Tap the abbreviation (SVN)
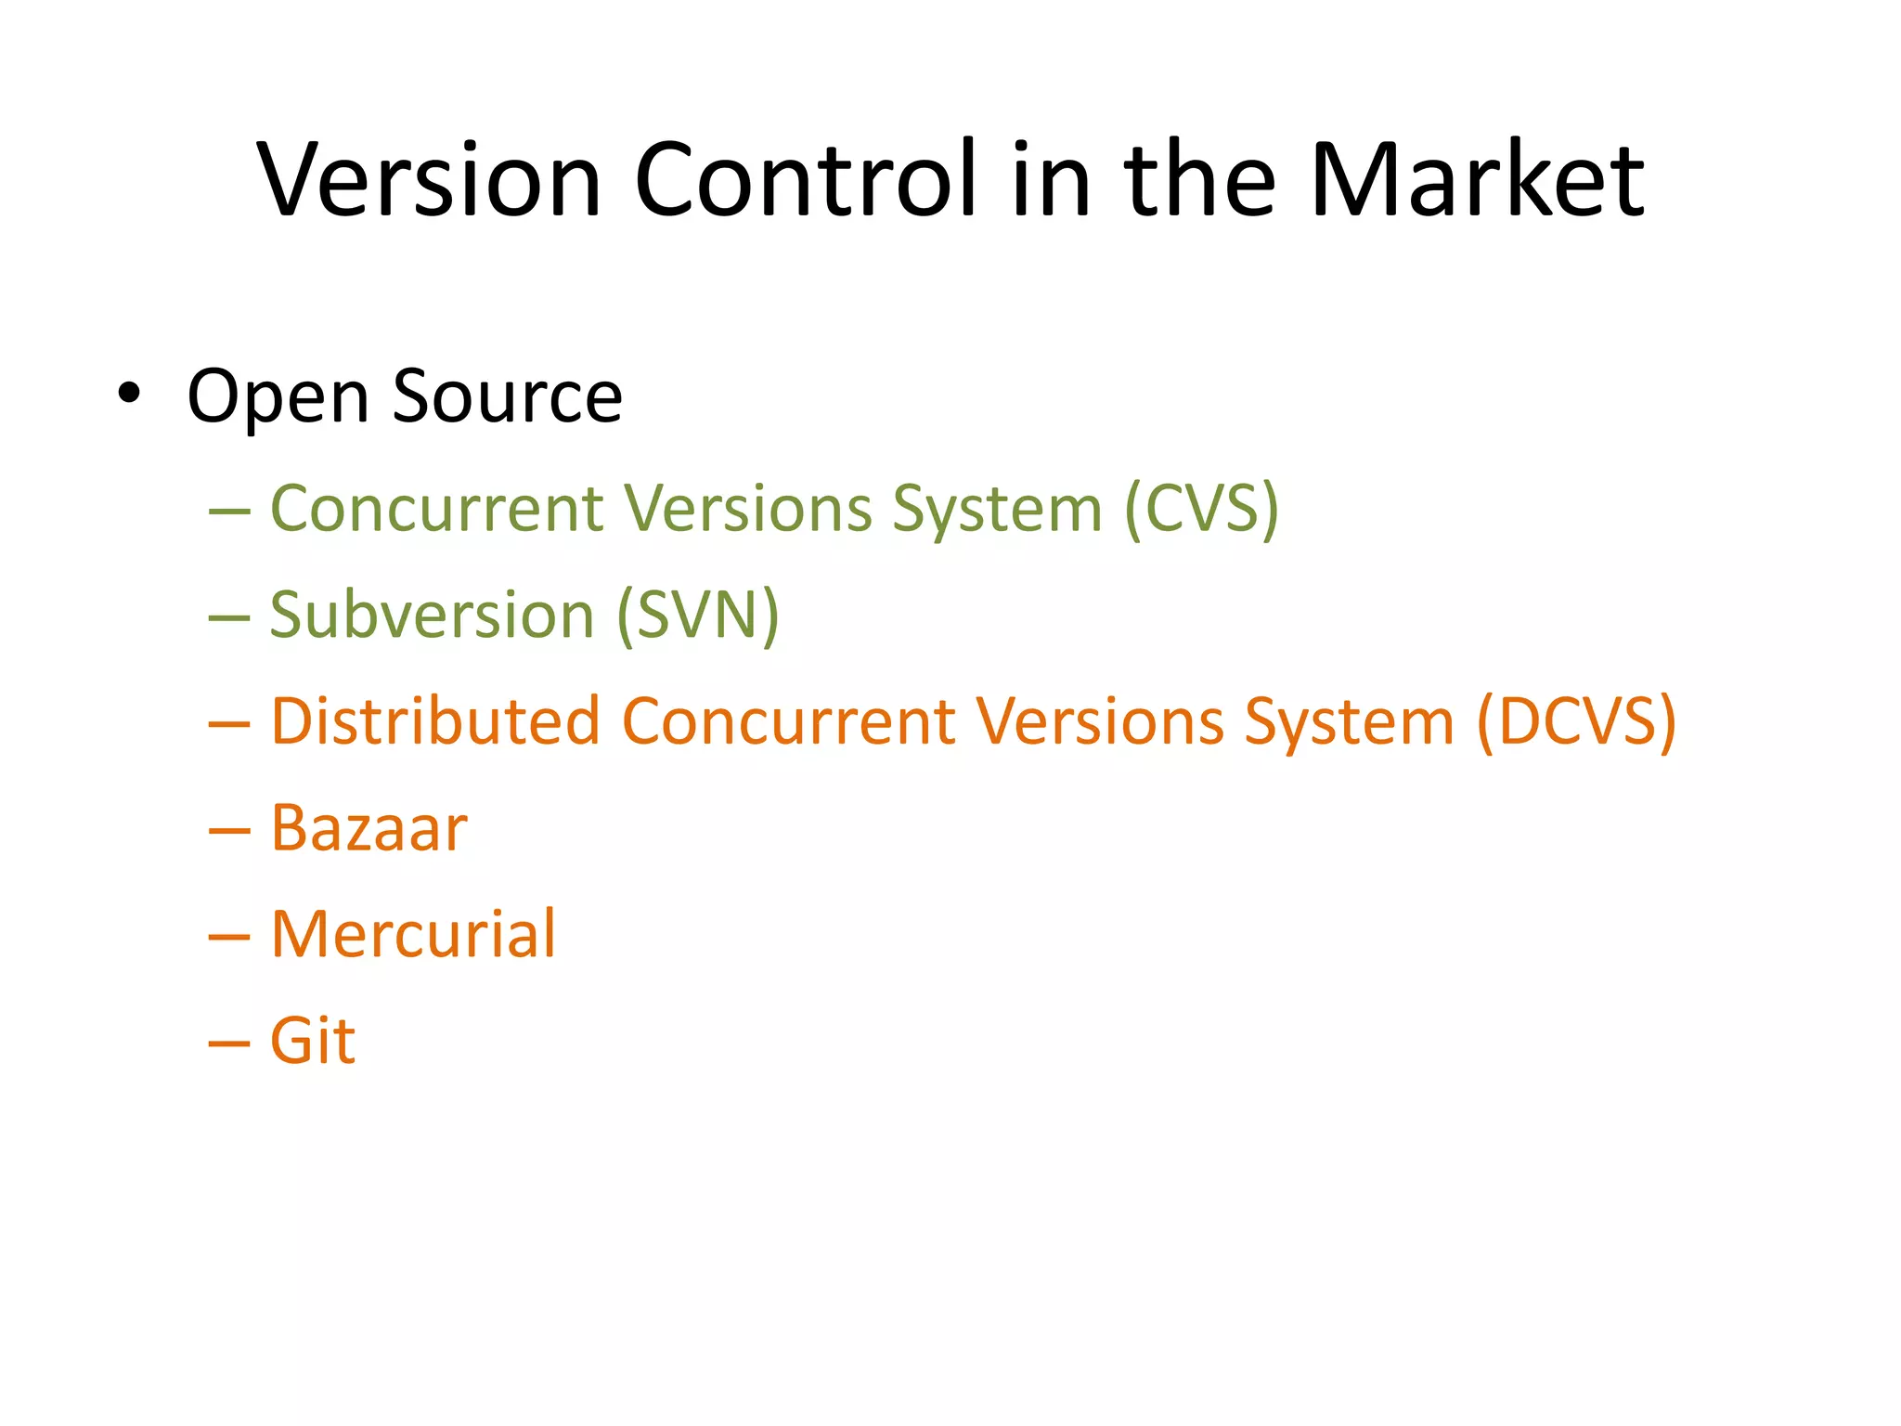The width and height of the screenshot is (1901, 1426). (698, 616)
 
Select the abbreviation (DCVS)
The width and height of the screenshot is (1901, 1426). (1576, 721)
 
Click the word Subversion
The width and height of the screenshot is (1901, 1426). (432, 616)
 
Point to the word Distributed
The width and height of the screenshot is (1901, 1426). (435, 721)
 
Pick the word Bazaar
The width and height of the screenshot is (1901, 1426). (369, 828)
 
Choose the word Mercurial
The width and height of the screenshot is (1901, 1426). (413, 934)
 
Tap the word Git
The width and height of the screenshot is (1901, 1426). (312, 1041)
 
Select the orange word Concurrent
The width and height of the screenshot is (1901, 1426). (789, 721)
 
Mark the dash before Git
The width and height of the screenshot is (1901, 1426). (229, 1044)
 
